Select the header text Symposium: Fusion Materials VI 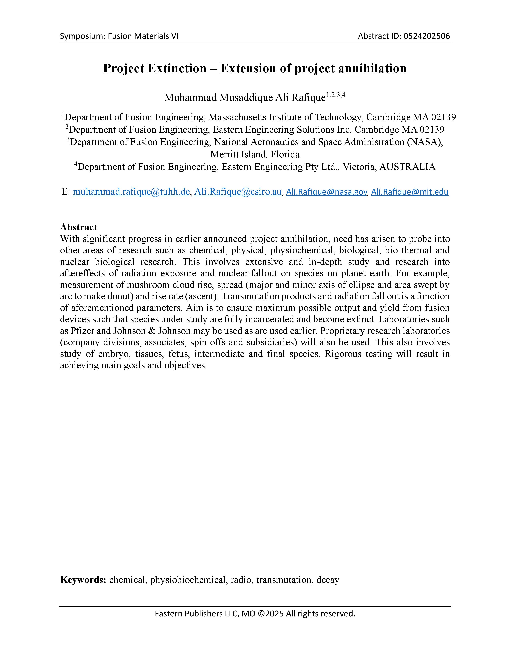pyautogui.click(x=119, y=36)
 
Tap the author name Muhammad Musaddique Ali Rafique pyautogui.click(x=245, y=98)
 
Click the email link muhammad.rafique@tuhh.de pyautogui.click(x=131, y=192)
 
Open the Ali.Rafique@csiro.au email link pyautogui.click(x=238, y=192)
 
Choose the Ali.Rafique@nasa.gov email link pyautogui.click(x=326, y=192)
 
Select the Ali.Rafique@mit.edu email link pyautogui.click(x=409, y=192)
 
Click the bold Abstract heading pyautogui.click(x=79, y=227)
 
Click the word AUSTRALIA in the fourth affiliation pyautogui.click(x=407, y=167)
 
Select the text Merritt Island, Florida pyautogui.click(x=255, y=154)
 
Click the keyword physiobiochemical pyautogui.click(x=188, y=580)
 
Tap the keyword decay pyautogui.click(x=328, y=580)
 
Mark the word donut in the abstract pyautogui.click(x=120, y=296)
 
